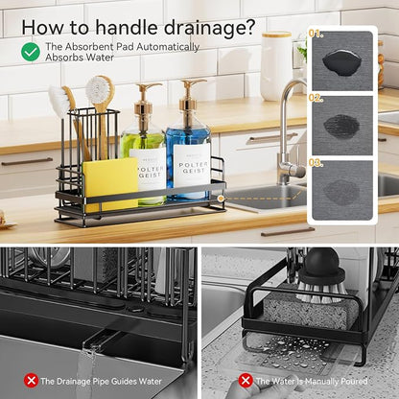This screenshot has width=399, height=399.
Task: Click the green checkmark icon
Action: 31,52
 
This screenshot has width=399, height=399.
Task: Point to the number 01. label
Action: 316,34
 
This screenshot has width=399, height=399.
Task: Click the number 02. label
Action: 316,98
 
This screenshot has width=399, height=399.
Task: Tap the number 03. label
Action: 316,163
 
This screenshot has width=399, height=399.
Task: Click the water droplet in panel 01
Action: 342,62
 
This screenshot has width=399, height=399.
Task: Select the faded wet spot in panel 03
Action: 341,192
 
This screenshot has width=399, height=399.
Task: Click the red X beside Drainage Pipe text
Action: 32,381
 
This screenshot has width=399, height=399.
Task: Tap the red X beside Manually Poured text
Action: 246,381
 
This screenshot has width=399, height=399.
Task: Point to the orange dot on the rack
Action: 221,199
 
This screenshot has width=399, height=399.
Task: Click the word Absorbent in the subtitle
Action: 89,47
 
